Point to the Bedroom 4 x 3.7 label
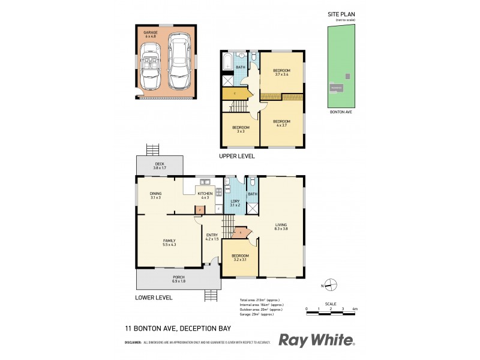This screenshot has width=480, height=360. coord(281,123)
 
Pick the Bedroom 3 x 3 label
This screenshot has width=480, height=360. coord(241,128)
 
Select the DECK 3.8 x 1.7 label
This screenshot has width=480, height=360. coord(160,166)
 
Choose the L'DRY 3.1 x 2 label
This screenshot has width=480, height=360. coord(235,203)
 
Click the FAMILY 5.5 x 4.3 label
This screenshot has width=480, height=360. coord(169,242)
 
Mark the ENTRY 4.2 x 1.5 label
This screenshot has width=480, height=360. coord(212,237)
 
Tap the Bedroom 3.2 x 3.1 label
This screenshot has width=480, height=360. coord(240,258)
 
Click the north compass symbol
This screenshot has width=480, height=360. coord(329,286)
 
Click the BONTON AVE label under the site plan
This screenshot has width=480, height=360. coord(340,112)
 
